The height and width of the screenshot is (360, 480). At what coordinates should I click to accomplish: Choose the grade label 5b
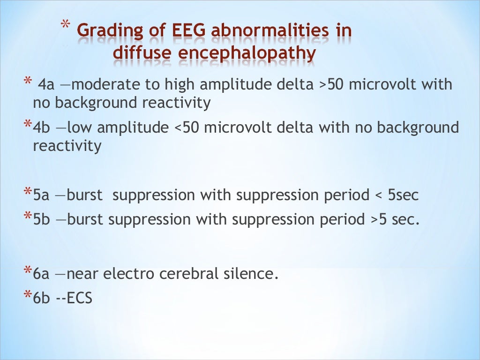42,219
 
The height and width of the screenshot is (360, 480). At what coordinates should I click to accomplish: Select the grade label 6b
42,297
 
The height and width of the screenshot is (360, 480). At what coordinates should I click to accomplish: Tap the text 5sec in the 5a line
403,195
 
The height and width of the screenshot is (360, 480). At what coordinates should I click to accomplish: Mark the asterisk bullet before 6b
29,295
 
